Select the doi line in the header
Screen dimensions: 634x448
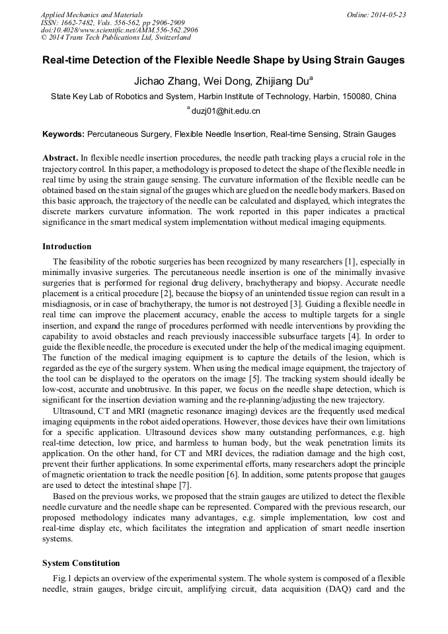119,30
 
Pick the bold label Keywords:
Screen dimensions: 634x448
63,134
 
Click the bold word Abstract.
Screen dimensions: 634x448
60,158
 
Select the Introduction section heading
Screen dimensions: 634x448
67,247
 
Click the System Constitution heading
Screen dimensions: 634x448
81,563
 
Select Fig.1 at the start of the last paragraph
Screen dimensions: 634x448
63,578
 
